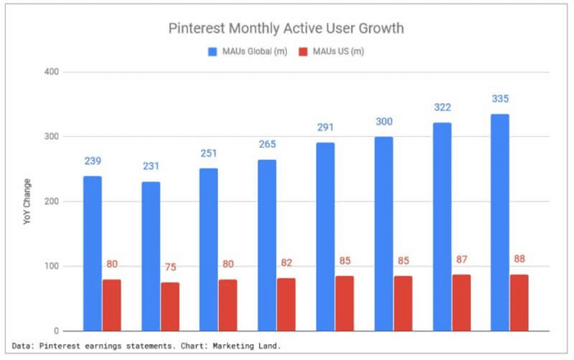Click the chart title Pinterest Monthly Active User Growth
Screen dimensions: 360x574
(x=286, y=29)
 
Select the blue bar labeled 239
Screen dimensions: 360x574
(x=93, y=253)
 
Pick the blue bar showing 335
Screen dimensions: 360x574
(x=499, y=222)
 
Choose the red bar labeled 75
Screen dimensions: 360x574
(x=171, y=307)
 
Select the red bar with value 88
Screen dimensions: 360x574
(x=519, y=303)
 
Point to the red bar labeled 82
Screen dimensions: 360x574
(x=286, y=304)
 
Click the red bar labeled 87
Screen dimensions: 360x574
(x=461, y=303)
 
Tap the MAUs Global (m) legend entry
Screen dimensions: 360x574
(x=249, y=52)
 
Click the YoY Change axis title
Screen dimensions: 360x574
(x=27, y=202)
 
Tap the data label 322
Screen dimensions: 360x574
(x=442, y=107)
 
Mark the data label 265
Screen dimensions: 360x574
(x=267, y=144)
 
